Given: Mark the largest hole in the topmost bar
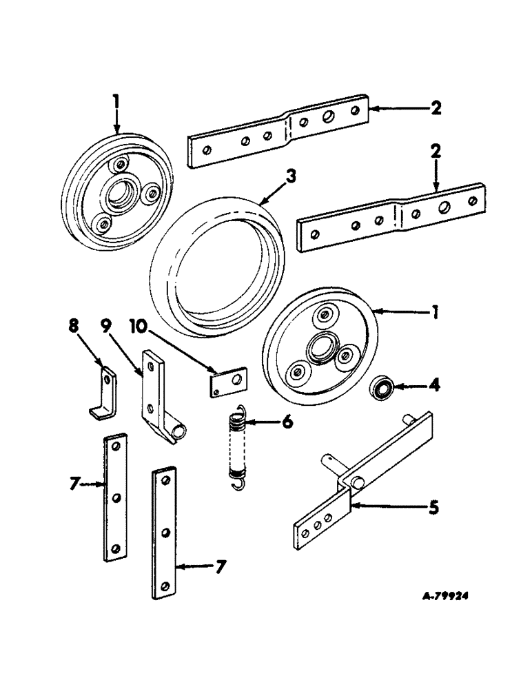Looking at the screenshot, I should (x=329, y=116).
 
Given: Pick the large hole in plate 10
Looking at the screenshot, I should (x=234, y=378).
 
